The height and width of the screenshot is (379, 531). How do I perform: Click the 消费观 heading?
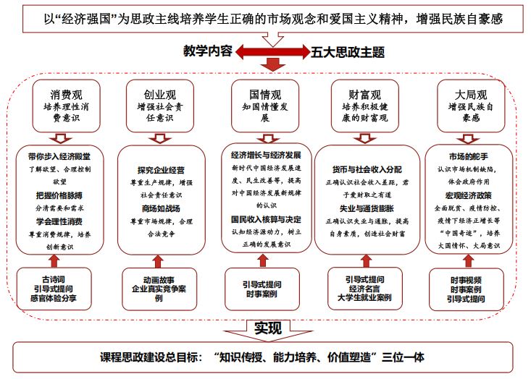tap(67, 94)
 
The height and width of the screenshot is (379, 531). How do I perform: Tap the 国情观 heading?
tap(264, 94)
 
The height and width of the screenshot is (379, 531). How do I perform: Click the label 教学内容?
tap(208, 51)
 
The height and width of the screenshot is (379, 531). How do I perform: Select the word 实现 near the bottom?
tap(267, 328)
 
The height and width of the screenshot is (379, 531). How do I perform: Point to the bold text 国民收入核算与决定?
tap(266, 219)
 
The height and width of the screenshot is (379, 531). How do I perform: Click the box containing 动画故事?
tap(159, 288)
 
